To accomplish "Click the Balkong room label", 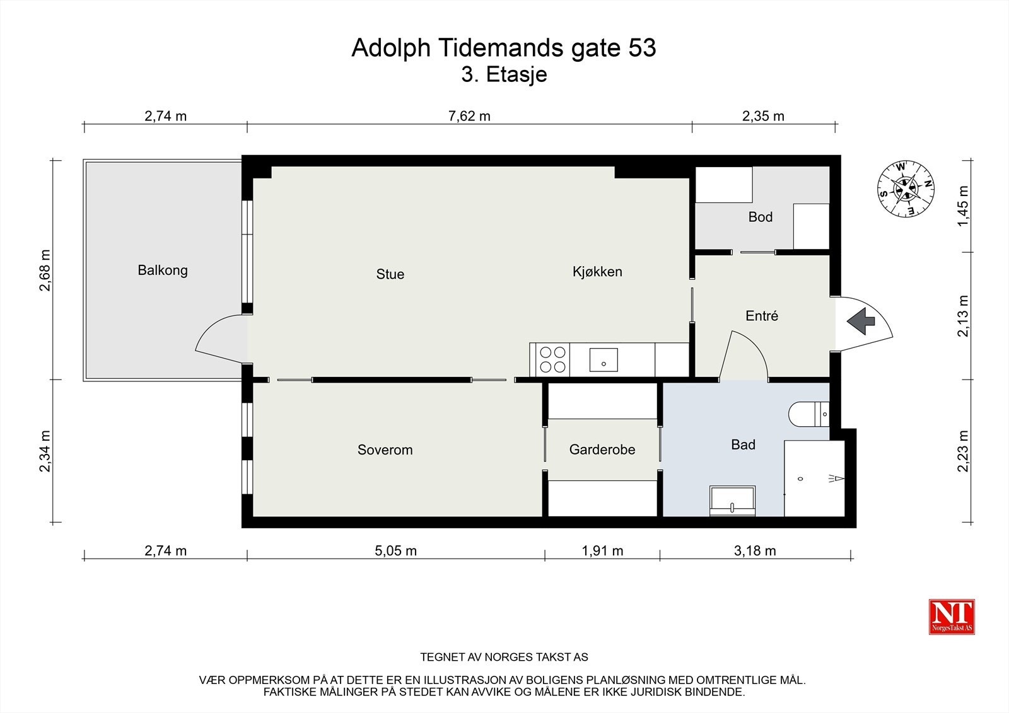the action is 163,270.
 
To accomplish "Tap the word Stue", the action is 390,274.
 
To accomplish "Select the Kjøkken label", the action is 597,272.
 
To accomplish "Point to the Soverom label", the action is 385,449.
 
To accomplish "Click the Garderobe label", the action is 602,449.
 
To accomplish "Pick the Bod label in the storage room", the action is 761,217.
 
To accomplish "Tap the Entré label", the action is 762,316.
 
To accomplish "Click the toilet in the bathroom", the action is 809,414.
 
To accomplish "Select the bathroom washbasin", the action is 732,501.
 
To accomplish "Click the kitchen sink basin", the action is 604,360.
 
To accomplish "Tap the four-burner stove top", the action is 552,359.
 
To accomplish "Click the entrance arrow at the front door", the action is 861,321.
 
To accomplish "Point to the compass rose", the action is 906,188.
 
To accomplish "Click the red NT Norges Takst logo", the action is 952,617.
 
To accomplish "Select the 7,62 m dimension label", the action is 469,116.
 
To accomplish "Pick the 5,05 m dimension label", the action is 395,550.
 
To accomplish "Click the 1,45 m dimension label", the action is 962,206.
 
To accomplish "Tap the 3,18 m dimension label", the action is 755,550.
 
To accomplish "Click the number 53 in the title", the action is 642,48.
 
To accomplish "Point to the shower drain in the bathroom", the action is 800,478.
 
